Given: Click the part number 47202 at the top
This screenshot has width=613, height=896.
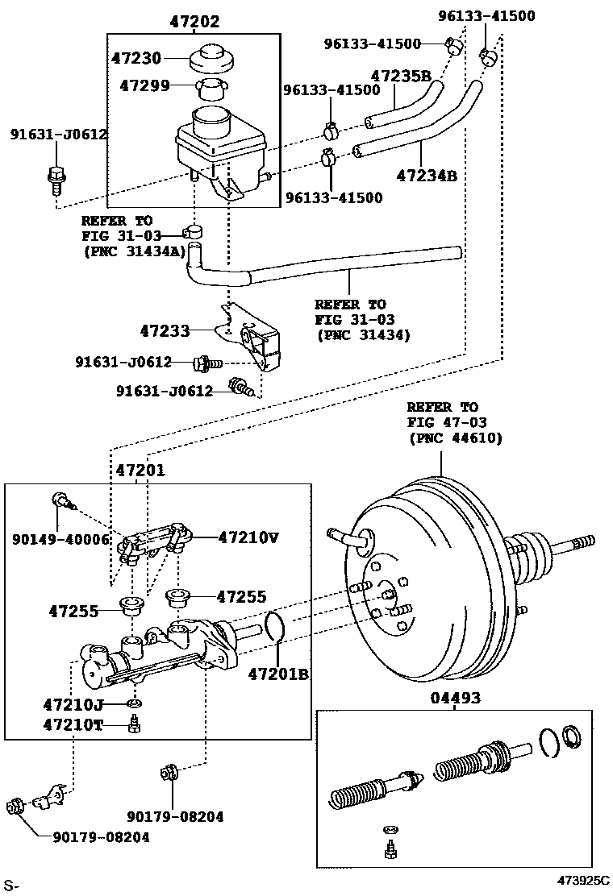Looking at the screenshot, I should pyautogui.click(x=194, y=22).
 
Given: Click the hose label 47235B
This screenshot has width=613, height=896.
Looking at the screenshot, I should pyautogui.click(x=399, y=77).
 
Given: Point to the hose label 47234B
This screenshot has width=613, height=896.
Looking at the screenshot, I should pyautogui.click(x=426, y=175).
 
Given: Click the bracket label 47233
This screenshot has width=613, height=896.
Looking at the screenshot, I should pyautogui.click(x=165, y=330).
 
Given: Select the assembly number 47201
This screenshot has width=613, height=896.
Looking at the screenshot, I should pyautogui.click(x=140, y=470).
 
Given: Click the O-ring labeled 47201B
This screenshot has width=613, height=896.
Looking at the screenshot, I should pyautogui.click(x=274, y=626).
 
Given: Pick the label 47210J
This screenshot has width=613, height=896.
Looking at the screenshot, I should pyautogui.click(x=73, y=705).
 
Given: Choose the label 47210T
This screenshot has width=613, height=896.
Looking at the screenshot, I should pyautogui.click(x=73, y=724).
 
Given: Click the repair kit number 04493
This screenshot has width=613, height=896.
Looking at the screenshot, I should pyautogui.click(x=454, y=698).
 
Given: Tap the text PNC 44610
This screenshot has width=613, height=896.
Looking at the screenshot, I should pyautogui.click(x=457, y=438).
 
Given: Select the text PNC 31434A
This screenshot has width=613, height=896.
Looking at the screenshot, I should pyautogui.click(x=134, y=251).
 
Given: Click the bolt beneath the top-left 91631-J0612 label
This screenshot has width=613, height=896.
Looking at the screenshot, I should pyautogui.click(x=56, y=178).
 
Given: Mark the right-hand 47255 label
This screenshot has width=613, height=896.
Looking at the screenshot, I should pyautogui.click(x=242, y=596).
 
